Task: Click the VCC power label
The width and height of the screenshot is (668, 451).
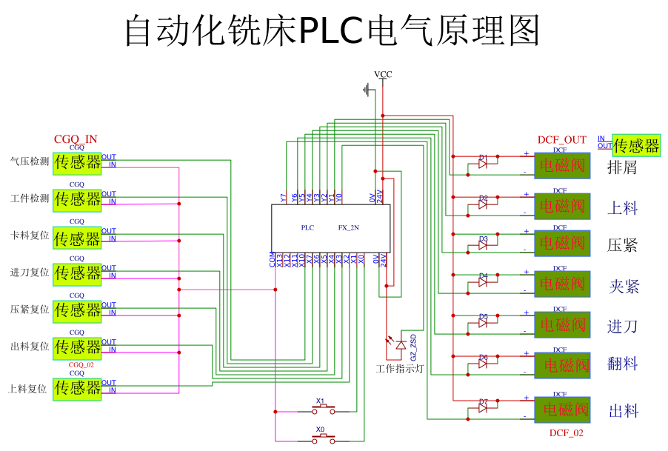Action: click(x=383, y=74)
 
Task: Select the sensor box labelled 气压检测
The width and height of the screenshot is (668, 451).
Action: click(x=77, y=163)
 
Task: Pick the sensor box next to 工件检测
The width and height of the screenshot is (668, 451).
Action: click(x=77, y=200)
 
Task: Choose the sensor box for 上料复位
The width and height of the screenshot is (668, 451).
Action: click(x=77, y=389)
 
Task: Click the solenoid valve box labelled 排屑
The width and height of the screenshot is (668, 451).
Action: click(x=562, y=166)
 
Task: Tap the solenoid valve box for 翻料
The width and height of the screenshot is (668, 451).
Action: click(x=562, y=365)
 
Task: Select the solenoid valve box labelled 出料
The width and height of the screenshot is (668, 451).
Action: click(x=562, y=410)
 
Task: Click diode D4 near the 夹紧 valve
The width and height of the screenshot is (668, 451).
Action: click(x=483, y=283)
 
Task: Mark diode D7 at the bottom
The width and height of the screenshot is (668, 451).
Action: click(x=483, y=408)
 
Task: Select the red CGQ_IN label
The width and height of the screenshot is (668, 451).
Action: click(x=76, y=139)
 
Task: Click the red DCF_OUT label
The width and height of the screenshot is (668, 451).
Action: click(x=561, y=140)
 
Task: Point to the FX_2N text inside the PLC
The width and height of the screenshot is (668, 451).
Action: click(x=348, y=228)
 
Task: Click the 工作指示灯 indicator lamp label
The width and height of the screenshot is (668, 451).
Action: click(x=399, y=368)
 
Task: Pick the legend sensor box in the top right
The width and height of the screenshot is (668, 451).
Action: click(x=636, y=145)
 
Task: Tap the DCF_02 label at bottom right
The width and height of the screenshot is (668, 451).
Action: click(x=566, y=432)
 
